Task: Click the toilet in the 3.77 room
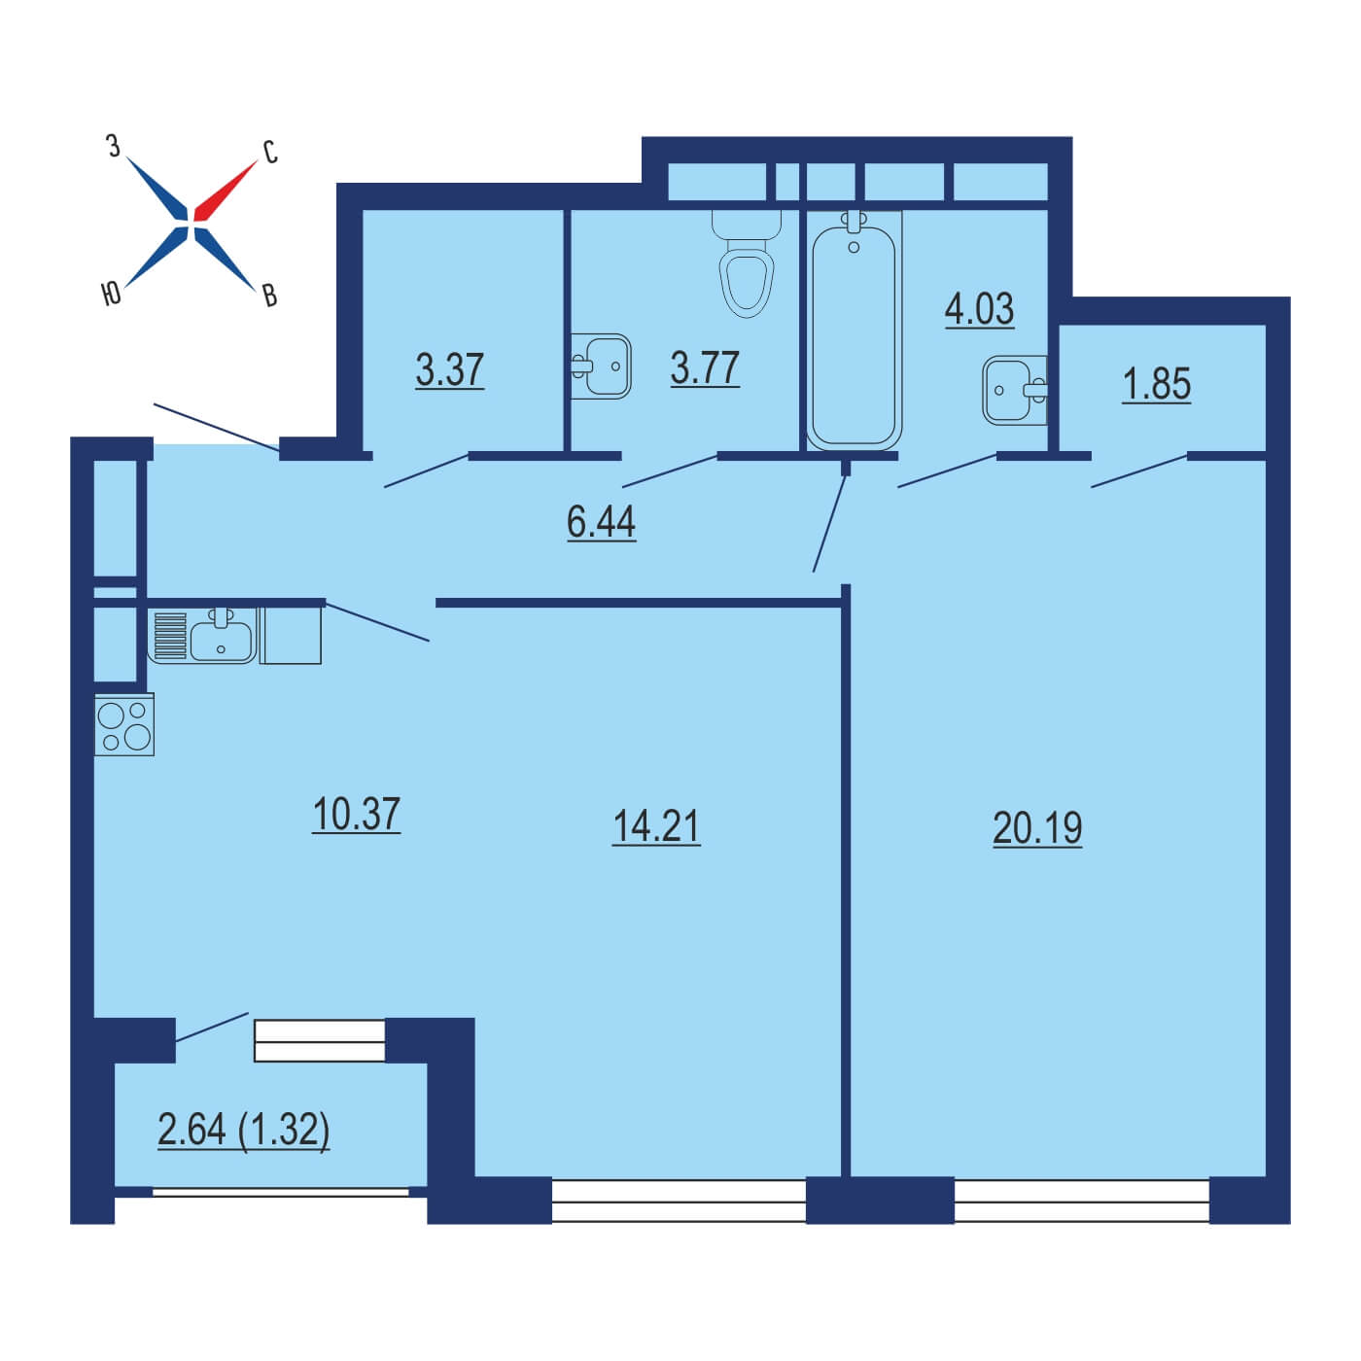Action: pyautogui.click(x=746, y=262)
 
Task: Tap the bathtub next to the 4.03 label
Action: pyautogui.click(x=854, y=330)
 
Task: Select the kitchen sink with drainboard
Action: pyautogui.click(x=202, y=636)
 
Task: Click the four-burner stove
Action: pyautogui.click(x=124, y=724)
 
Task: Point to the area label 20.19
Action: pyautogui.click(x=1037, y=827)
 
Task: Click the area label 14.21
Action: pyautogui.click(x=656, y=826)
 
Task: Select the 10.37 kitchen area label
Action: pyautogui.click(x=356, y=814)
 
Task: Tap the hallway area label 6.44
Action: pyautogui.click(x=601, y=523)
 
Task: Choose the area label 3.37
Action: pyautogui.click(x=450, y=370)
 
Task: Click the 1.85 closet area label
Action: pyautogui.click(x=1157, y=384)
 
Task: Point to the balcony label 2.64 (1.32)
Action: pyautogui.click(x=244, y=1129)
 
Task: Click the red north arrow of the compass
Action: pyautogui.click(x=225, y=191)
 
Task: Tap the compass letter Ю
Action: pyautogui.click(x=112, y=294)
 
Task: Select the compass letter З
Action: pyautogui.click(x=113, y=146)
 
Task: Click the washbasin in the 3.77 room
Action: pyautogui.click(x=601, y=366)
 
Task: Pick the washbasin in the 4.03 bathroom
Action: pyautogui.click(x=1015, y=389)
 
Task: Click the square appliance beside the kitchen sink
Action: pyautogui.click(x=291, y=636)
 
